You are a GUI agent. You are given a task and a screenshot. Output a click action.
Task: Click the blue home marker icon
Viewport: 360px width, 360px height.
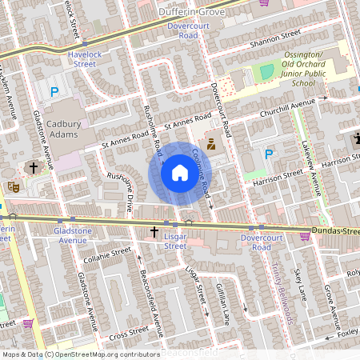click(180, 173)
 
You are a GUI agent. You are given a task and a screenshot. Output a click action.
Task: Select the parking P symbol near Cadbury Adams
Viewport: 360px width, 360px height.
click(55, 93)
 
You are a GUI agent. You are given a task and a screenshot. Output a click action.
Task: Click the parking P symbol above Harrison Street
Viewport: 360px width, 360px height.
click(270, 154)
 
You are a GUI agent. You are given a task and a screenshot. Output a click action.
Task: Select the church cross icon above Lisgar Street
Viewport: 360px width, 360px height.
click(154, 232)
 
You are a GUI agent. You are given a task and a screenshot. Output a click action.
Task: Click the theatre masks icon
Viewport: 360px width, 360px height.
click(13, 186)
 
